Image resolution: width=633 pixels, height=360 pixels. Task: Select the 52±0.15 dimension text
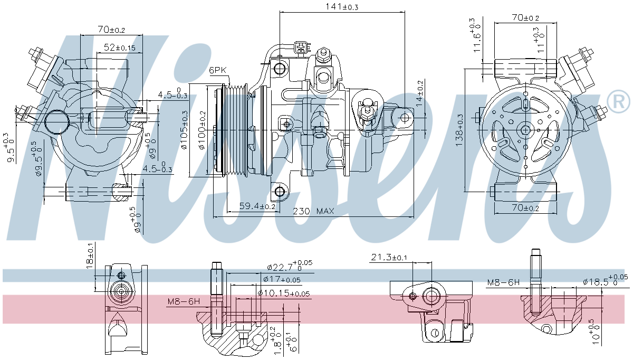(119, 47)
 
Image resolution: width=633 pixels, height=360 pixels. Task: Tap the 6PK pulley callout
(217, 70)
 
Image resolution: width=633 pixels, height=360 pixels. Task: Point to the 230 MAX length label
(318, 211)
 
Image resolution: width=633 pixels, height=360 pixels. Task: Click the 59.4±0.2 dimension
(257, 206)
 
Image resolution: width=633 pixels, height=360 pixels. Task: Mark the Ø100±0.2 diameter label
(202, 130)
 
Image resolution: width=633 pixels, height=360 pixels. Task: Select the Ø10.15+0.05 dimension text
(284, 293)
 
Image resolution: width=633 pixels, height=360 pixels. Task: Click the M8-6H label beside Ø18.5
(503, 282)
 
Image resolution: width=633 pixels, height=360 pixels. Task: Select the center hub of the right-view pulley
(525, 130)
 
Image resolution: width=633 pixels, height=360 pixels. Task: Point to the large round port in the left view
(56, 122)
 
